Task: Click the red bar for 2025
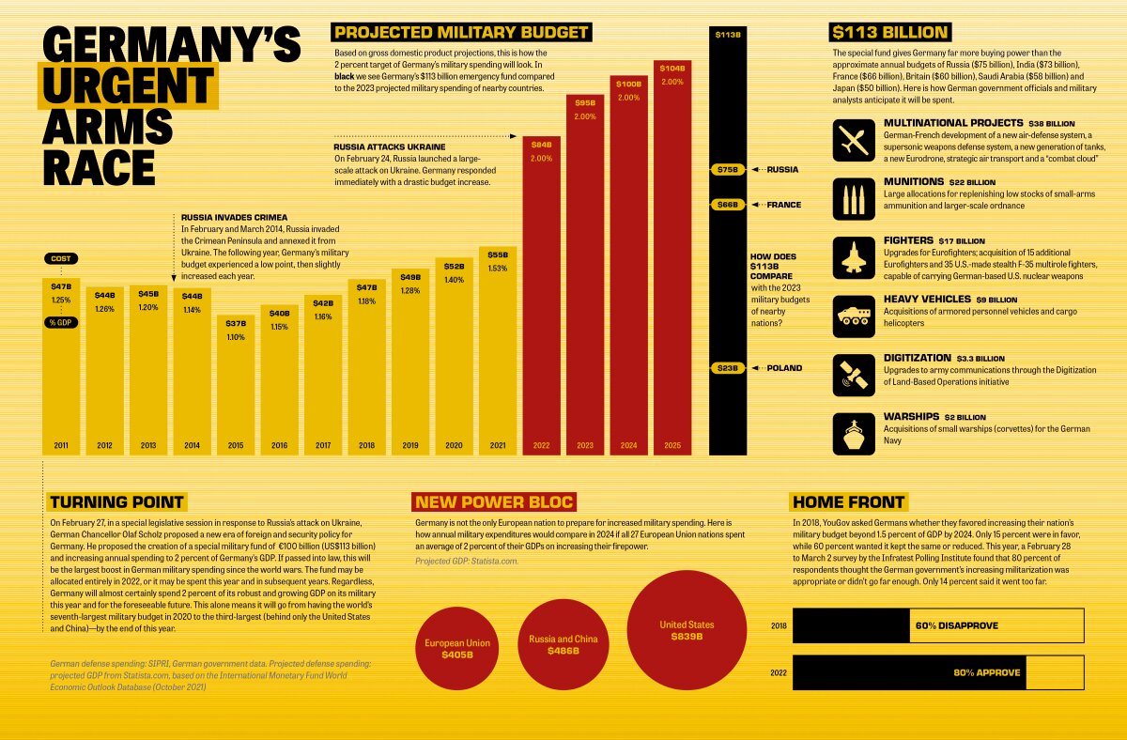672,263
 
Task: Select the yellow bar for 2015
236,385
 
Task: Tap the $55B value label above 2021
498,254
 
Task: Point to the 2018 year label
366,446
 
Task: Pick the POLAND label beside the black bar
785,368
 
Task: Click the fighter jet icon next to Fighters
854,258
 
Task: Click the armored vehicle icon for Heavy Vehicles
854,316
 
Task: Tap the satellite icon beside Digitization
854,375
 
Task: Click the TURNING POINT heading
117,501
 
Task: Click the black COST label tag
61,258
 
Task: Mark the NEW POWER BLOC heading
494,501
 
